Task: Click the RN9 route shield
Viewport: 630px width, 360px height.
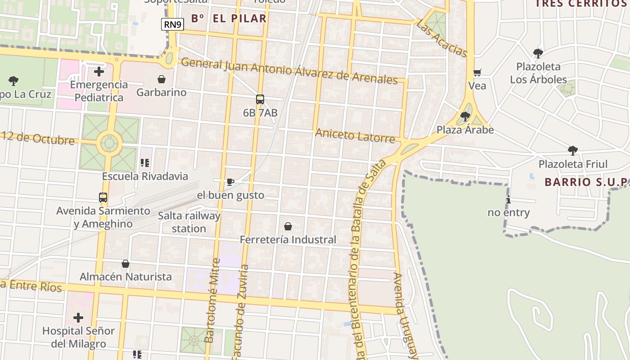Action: coord(173,24)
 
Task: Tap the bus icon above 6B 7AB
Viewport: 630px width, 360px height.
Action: coord(260,99)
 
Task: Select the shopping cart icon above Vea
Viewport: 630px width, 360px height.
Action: coord(477,72)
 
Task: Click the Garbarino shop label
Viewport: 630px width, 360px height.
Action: coord(162,92)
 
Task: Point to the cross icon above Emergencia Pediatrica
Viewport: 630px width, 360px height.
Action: coord(99,72)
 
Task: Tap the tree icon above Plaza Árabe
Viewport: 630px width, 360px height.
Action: coord(465,117)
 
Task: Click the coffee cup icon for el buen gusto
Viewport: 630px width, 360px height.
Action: coord(230,182)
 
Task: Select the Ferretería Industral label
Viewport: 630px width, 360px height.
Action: coord(288,240)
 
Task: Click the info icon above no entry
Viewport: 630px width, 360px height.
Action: coord(508,200)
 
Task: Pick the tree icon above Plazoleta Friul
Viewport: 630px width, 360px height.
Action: coord(573,151)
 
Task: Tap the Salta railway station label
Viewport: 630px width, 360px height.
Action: coord(189,222)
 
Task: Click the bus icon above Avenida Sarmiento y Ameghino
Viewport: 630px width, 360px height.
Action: coord(103,197)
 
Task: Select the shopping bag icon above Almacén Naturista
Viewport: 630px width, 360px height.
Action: coord(126,263)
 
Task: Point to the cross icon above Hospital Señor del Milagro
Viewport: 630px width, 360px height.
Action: coord(78,318)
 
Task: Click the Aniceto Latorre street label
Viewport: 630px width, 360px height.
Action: coord(355,135)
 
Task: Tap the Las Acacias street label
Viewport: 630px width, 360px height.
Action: coord(442,38)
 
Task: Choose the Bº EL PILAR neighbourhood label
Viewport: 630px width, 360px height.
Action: coord(229,18)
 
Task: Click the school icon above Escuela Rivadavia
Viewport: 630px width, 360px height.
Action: coord(145,163)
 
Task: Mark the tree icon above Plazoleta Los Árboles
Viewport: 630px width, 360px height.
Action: coord(538,54)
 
